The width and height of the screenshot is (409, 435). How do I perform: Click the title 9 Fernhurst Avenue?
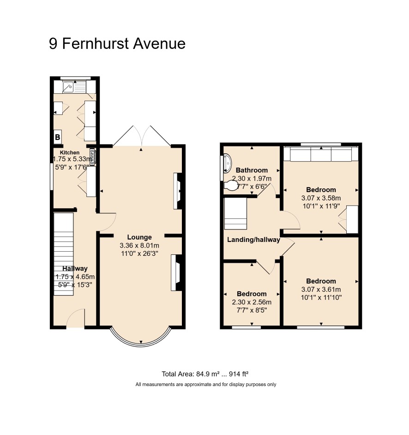click(117, 44)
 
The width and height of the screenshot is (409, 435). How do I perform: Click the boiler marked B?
click(58, 137)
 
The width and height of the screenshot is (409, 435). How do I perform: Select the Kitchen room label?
click(70, 152)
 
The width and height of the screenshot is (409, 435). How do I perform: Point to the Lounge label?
click(139, 237)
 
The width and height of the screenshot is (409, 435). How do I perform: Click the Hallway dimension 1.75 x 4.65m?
click(75, 277)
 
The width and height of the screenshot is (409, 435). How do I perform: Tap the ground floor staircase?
click(64, 254)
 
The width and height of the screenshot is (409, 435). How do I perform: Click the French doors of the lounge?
click(142, 136)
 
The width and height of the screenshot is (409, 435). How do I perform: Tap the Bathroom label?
click(252, 170)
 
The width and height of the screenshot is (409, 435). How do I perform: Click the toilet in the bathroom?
click(231, 186)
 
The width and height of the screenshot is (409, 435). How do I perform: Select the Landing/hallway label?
click(253, 240)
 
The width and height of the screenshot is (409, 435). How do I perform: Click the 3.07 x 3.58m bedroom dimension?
click(321, 199)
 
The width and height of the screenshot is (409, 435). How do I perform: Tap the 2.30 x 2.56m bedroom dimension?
click(252, 302)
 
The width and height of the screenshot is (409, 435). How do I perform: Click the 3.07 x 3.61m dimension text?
click(321, 290)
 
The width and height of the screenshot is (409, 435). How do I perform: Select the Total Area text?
click(205, 374)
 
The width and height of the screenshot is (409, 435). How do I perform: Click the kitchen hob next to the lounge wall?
click(93, 157)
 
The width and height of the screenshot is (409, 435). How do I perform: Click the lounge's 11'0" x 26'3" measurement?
click(139, 254)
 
